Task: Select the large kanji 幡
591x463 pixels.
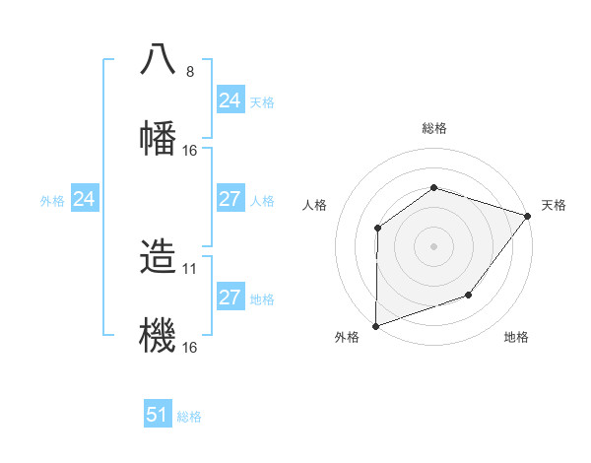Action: click(x=159, y=136)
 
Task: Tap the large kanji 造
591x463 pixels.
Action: click(x=159, y=256)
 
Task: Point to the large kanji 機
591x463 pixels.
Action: click(x=159, y=335)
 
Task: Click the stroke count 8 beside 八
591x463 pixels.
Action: click(x=190, y=71)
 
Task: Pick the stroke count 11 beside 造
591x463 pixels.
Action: click(x=192, y=268)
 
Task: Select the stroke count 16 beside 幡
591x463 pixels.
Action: click(x=190, y=151)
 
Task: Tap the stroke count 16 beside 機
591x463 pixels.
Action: click(x=190, y=348)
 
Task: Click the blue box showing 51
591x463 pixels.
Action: click(x=158, y=415)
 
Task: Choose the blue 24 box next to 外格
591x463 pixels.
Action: click(x=85, y=200)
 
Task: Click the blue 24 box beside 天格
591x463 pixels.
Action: click(x=230, y=100)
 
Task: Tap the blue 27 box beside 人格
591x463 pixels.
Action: click(x=230, y=199)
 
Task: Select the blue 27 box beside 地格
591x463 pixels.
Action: click(x=230, y=298)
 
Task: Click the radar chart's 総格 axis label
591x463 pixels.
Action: click(x=433, y=128)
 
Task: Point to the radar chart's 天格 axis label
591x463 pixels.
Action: click(x=554, y=205)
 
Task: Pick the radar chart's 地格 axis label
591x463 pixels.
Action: click(x=516, y=338)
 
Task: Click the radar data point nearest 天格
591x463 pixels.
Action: click(x=528, y=215)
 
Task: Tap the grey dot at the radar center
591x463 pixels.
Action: click(x=433, y=245)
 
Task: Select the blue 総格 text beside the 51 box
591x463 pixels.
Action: click(x=189, y=417)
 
